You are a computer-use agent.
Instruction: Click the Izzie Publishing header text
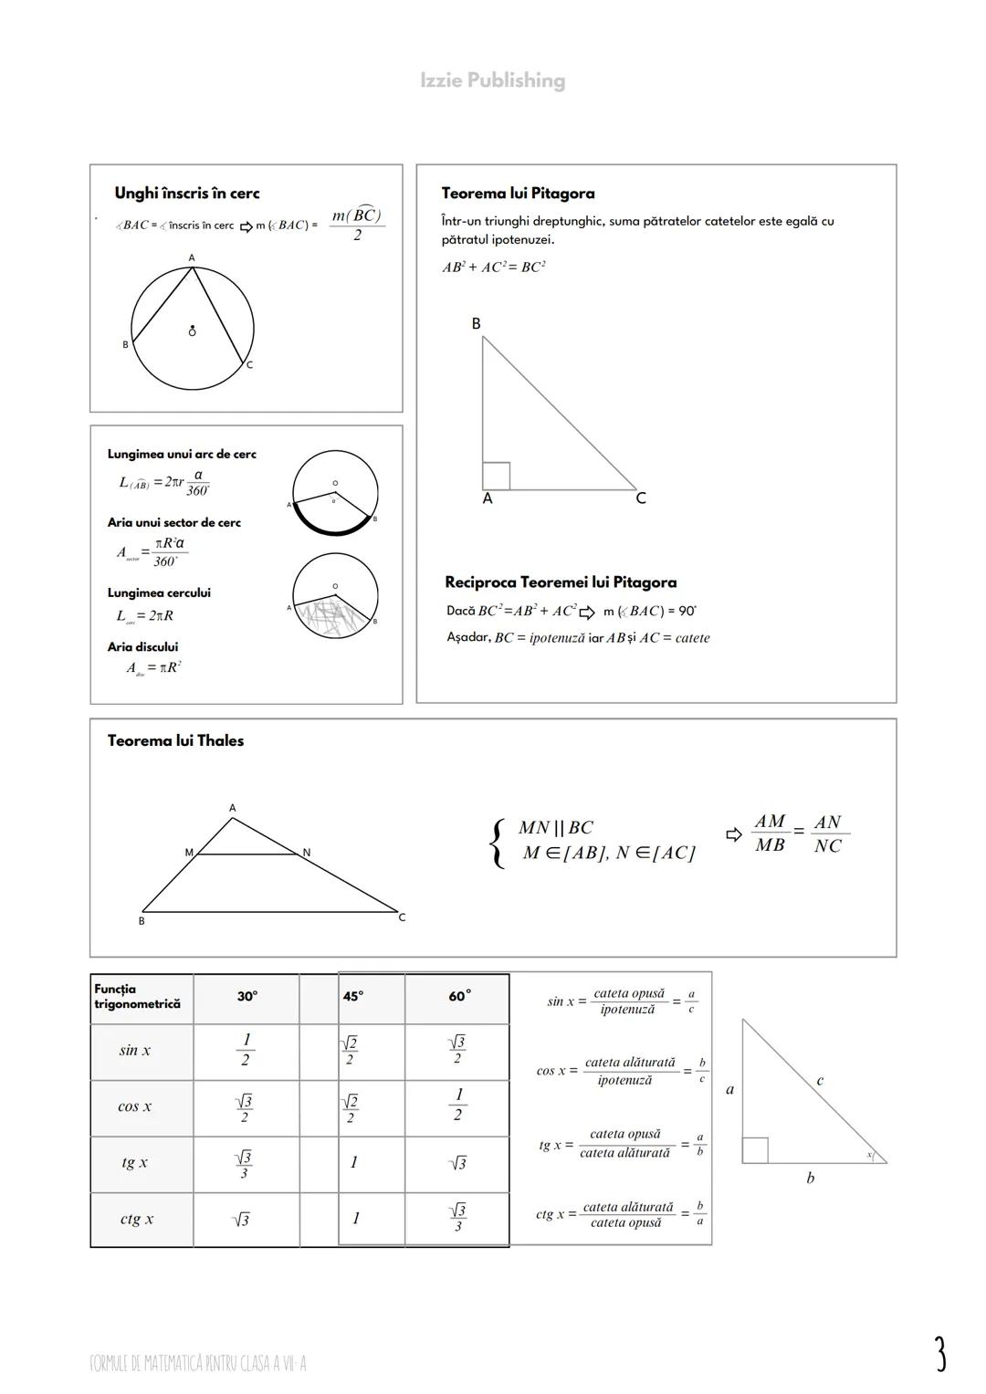coord(492,80)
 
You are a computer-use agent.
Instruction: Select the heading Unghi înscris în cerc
coord(186,194)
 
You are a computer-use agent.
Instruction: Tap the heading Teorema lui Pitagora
coord(518,194)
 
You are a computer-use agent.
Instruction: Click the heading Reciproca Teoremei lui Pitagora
coord(561,582)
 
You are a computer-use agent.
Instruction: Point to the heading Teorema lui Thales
coord(175,740)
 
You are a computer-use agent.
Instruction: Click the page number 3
coord(939,1354)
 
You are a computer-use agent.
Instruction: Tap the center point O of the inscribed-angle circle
coord(192,331)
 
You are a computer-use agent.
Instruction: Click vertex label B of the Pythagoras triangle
coord(476,324)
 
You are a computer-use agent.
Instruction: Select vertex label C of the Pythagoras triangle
coord(641,498)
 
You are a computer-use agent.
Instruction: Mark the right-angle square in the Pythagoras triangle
coord(496,476)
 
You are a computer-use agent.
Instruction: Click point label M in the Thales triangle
coord(189,853)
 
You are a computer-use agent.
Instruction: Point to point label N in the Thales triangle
coord(307,853)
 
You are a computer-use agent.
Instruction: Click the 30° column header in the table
coord(246,997)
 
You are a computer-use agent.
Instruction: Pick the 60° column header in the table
coord(459,997)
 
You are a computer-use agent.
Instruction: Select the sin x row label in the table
coord(135,1051)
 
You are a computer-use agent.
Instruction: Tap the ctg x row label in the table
coord(136,1219)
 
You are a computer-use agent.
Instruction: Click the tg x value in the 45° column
coord(353,1162)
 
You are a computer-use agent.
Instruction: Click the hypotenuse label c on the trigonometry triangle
coord(820,1081)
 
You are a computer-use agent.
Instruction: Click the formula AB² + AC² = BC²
coord(493,267)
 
